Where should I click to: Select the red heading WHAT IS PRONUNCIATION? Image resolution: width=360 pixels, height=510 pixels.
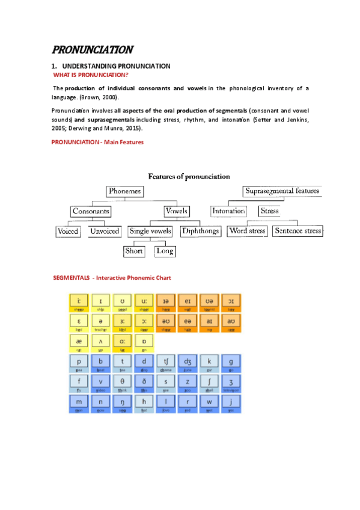pos(91,75)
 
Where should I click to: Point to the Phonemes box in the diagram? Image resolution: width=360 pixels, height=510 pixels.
pos(125,191)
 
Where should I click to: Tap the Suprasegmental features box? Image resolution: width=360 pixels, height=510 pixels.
pos(282,191)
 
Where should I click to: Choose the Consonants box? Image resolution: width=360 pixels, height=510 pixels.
pos(91,211)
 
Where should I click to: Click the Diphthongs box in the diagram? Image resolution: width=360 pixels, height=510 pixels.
pos(200,231)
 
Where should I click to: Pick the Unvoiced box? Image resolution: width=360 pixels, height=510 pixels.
pos(105,231)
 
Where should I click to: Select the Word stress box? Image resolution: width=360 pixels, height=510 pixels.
pos(247,231)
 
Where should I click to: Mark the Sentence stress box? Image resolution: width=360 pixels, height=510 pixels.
pos(297,231)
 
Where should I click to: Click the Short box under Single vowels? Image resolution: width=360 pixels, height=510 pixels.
pos(134,251)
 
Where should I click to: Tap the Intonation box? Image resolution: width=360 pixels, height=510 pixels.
pos(228,211)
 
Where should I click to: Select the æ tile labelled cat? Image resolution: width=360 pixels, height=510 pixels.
pos(79,343)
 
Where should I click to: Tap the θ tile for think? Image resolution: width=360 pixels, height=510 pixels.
pos(122,383)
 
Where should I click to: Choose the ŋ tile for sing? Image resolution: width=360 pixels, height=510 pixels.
pos(122,404)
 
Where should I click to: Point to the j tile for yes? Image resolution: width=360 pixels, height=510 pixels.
pos(230,404)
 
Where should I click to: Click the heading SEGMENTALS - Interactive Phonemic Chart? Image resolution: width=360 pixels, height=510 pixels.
pos(112,278)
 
